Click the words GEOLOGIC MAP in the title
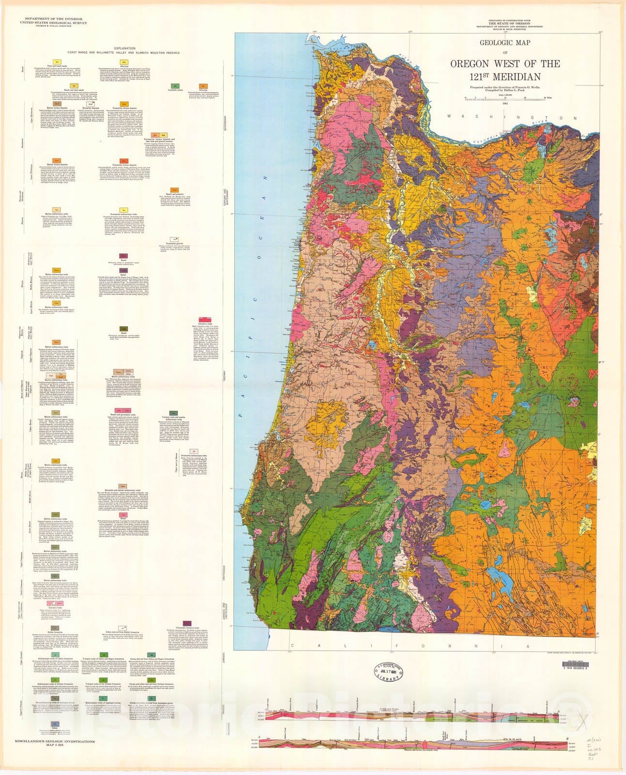[505, 43]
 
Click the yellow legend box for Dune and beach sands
[57, 62]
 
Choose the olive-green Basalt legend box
[123, 329]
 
